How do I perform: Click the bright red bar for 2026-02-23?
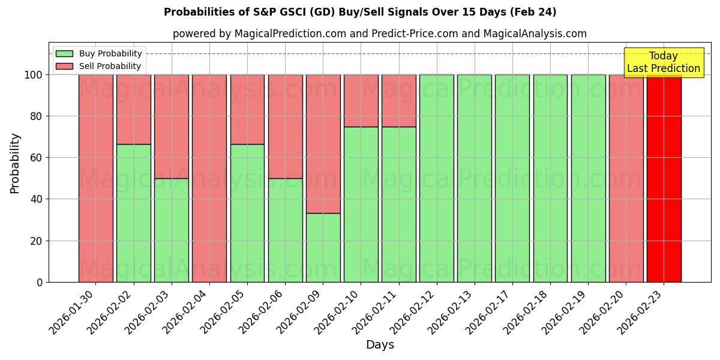(x=664, y=180)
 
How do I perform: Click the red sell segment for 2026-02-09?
(x=323, y=144)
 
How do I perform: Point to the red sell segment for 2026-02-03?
(x=172, y=126)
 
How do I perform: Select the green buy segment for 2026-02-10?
(x=361, y=204)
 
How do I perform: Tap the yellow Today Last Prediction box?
(x=663, y=62)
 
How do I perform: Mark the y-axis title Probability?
(x=15, y=163)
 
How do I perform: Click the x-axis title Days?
(x=380, y=345)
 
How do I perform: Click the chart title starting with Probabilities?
(x=360, y=12)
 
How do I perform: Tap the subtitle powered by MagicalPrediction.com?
(x=380, y=34)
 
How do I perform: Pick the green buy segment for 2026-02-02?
(x=134, y=213)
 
